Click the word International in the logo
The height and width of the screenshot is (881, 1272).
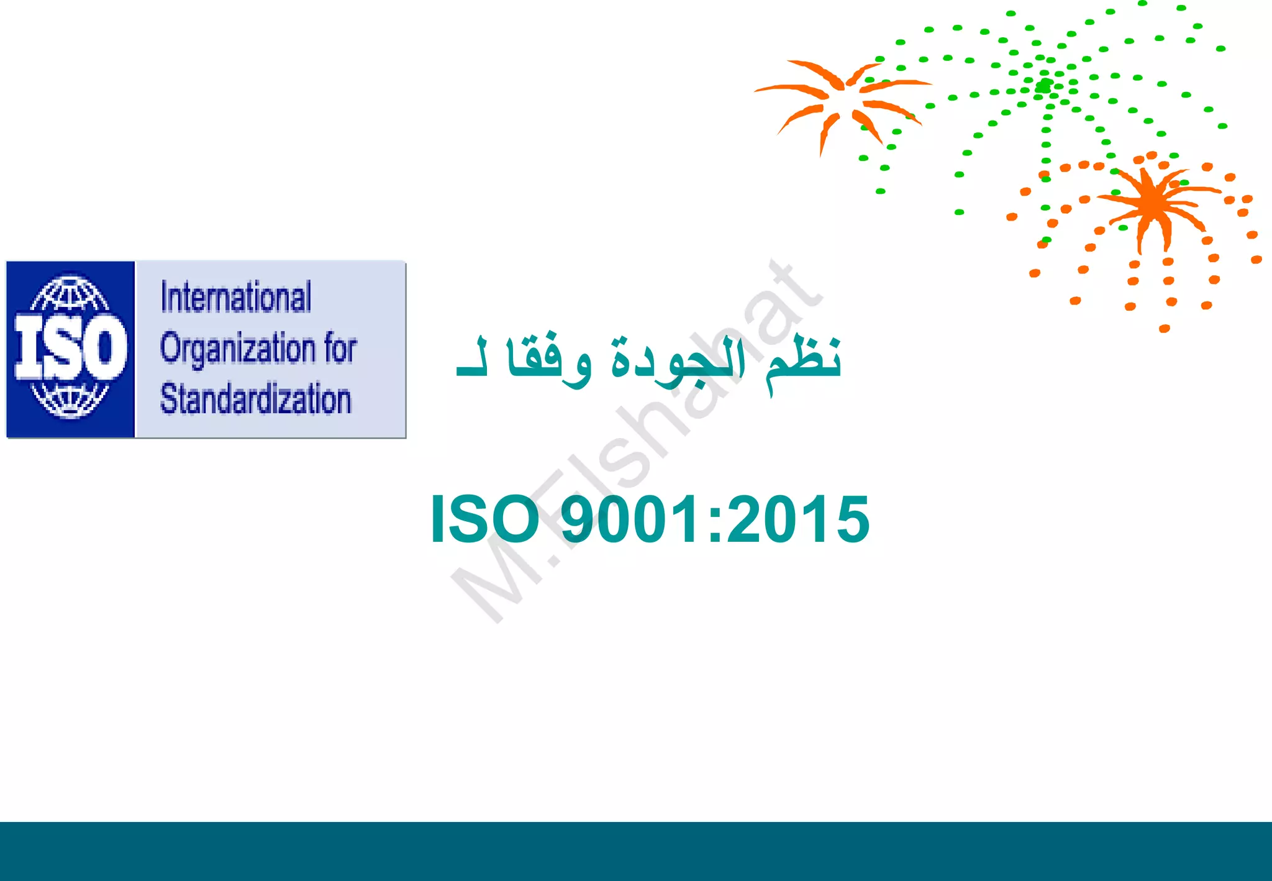[236, 297]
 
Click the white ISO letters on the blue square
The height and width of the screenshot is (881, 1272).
[70, 347]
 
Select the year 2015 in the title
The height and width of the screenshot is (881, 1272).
[799, 519]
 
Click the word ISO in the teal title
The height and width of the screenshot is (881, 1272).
[484, 519]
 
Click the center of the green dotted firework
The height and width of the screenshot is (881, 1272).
[1045, 86]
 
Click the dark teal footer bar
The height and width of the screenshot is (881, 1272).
[636, 851]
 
